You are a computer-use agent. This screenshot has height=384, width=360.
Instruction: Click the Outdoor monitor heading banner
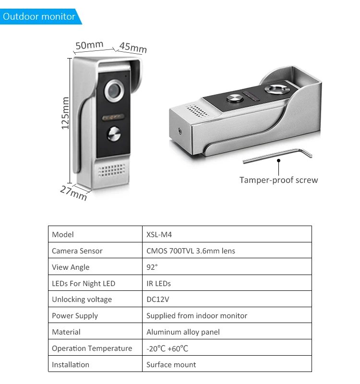click(x=39, y=17)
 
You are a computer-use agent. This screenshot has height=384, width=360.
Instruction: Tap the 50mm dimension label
click(x=89, y=45)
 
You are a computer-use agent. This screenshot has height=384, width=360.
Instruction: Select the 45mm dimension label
click(x=133, y=48)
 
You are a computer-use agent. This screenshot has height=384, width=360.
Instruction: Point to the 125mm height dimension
click(x=65, y=113)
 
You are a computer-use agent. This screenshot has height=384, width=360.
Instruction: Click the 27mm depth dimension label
click(x=73, y=192)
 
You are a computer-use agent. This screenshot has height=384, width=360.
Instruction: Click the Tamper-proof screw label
click(x=278, y=180)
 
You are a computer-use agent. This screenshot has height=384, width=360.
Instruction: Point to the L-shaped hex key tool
click(x=278, y=155)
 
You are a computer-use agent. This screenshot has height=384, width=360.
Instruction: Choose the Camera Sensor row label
click(x=77, y=251)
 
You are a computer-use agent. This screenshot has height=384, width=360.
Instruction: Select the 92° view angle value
click(x=152, y=267)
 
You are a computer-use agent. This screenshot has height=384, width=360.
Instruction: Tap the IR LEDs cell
click(x=158, y=283)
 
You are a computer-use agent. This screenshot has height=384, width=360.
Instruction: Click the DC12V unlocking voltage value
click(x=158, y=300)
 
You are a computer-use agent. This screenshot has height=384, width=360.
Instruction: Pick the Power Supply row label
click(x=75, y=316)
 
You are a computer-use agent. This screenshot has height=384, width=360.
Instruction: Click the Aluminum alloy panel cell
click(x=183, y=332)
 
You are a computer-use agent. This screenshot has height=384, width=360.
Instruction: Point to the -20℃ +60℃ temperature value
click(x=167, y=348)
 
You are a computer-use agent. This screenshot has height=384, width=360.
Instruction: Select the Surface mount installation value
click(x=171, y=364)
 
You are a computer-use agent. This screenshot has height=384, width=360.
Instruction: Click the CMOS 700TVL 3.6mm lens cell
click(x=191, y=251)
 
